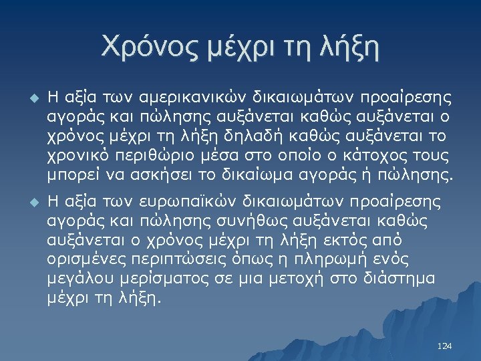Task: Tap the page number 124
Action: pyautogui.click(x=444, y=346)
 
